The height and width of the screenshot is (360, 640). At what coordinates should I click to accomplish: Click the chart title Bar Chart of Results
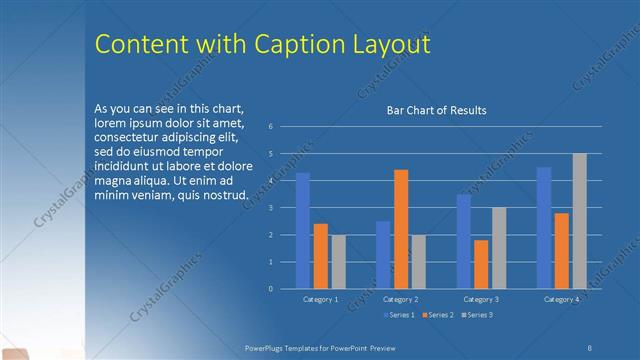[436, 110]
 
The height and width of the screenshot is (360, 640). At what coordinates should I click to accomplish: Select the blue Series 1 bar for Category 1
[303, 231]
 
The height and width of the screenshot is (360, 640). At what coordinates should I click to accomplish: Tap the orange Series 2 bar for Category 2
[401, 229]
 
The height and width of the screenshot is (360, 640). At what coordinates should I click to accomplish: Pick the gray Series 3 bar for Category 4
[579, 221]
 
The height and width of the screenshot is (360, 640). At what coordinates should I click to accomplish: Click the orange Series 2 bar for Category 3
[481, 264]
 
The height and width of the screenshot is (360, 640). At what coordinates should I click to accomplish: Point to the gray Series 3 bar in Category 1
[338, 262]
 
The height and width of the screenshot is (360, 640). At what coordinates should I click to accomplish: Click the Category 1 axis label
[321, 299]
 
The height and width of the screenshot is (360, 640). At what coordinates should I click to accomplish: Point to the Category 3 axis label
[481, 299]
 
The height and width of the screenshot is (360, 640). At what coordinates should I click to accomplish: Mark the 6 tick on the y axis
[271, 127]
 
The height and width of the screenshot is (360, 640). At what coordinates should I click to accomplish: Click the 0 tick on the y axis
[271, 289]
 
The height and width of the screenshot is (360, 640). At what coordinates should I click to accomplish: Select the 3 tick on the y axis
[271, 208]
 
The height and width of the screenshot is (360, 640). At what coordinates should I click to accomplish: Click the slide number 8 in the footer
[590, 346]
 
